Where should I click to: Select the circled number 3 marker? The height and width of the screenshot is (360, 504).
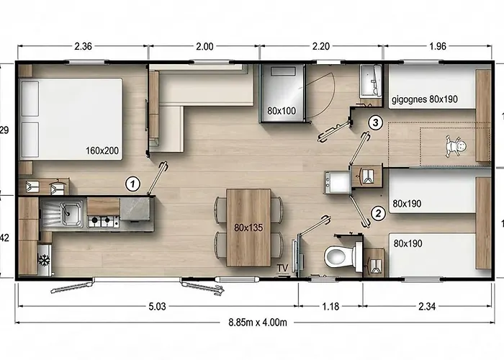point(374,122)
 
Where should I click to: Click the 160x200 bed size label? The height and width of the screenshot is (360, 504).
point(101,151)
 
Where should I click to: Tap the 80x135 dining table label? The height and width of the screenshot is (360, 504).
point(248,227)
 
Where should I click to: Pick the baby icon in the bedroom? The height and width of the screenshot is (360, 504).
point(454,146)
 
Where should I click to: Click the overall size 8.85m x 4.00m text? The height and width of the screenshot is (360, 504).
point(258,321)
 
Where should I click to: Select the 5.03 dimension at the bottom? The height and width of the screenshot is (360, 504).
point(157,307)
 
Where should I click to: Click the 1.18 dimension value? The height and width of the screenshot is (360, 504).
point(330,307)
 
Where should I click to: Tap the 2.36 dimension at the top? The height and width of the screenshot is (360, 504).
point(83,47)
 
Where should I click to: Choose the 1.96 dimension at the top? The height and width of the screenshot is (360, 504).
point(437,47)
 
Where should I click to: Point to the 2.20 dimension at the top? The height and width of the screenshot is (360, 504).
point(320,47)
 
